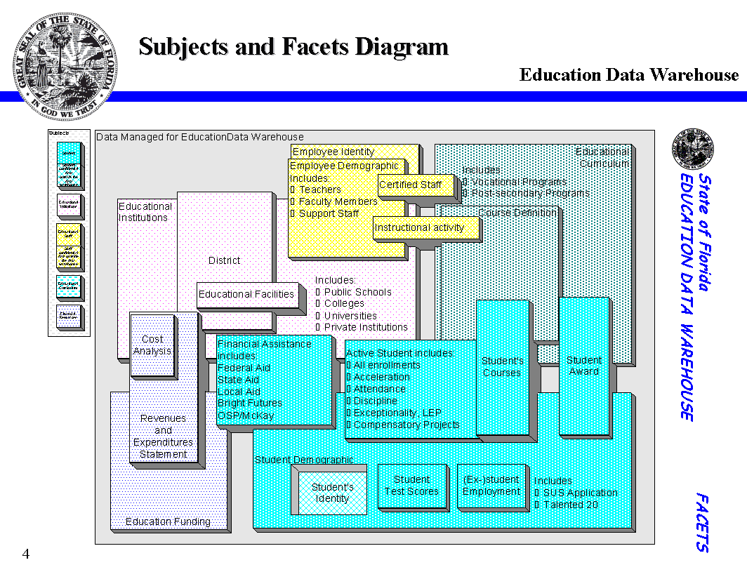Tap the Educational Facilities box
(247, 295)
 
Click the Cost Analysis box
(152, 345)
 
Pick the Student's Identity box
(331, 493)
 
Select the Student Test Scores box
(411, 486)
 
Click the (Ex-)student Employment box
(491, 486)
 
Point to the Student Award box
(583, 366)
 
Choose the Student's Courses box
(502, 367)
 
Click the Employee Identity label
(333, 152)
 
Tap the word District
(224, 260)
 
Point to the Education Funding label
(168, 521)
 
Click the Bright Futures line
(250, 404)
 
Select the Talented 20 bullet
(571, 505)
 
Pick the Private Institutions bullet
(365, 328)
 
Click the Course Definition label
(517, 213)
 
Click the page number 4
(26, 554)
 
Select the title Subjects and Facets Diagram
(293, 47)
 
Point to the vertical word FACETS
(702, 522)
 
